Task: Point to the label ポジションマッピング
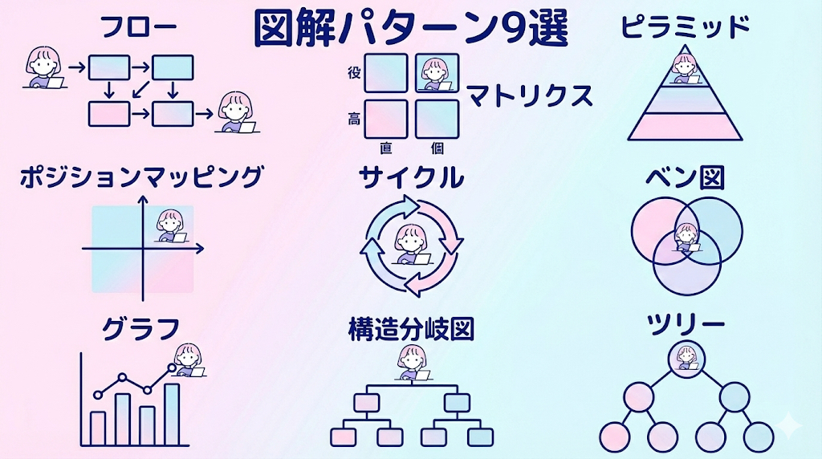pos(141,177)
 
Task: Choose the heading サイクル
pos(410,177)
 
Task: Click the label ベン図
pos(685,177)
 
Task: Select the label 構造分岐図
pos(410,328)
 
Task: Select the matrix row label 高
pos(354,119)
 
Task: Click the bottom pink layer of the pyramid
pos(685,128)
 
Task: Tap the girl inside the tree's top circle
pos(686,355)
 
